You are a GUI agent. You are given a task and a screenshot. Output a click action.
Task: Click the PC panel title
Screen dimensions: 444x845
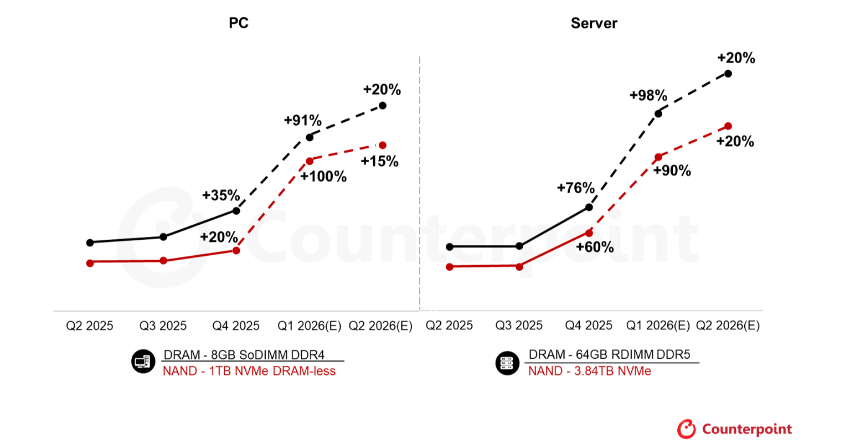pos(239,23)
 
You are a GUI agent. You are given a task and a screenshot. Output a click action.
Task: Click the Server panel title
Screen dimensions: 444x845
pos(594,23)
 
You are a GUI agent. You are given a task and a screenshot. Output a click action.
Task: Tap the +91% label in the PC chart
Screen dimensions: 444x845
pos(302,120)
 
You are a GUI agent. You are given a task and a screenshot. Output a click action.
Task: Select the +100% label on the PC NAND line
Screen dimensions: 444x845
pos(323,177)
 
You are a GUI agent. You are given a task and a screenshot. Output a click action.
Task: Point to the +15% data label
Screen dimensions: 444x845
pos(379,161)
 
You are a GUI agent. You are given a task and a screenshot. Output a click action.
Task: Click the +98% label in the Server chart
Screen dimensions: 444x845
pos(648,95)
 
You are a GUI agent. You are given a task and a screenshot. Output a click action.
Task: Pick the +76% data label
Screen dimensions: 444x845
pos(575,188)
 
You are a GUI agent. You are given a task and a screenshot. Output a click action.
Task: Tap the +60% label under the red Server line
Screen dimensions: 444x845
pos(595,247)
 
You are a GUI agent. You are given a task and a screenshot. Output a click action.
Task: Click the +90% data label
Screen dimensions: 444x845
pos(672,171)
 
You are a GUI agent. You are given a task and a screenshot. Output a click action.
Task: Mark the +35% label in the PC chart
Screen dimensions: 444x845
pos(220,195)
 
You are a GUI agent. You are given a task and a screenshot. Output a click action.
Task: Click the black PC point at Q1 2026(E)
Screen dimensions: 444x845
pos(310,137)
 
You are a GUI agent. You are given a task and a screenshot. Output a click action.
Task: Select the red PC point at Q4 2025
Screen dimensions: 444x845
pos(236,251)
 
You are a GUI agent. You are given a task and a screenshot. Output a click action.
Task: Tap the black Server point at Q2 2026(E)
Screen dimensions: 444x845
pos(728,74)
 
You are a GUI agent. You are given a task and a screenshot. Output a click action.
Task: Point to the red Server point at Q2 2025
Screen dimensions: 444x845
pos(450,267)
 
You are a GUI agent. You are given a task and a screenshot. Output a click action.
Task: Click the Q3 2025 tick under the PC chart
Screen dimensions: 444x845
pos(163,326)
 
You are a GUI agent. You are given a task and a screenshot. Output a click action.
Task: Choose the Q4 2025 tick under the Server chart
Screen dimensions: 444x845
pos(589,326)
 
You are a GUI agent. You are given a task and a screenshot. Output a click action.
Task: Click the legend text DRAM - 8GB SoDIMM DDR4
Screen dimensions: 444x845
pos(244,355)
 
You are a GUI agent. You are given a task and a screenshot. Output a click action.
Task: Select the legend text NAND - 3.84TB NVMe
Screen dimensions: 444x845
pos(589,371)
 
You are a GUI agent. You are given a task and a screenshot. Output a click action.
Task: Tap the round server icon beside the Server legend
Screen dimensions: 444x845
pos(507,363)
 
